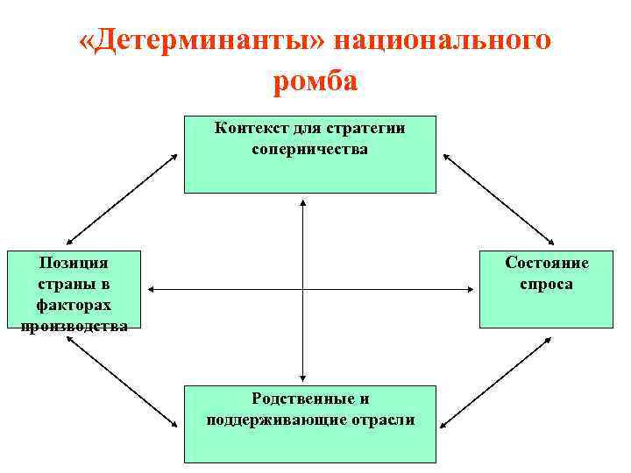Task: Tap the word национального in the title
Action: [439, 41]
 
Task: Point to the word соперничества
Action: [309, 149]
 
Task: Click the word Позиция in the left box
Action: [74, 264]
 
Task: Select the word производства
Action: [74, 326]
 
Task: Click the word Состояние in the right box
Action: [547, 264]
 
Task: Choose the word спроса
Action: [547, 285]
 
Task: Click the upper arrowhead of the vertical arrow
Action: [302, 202]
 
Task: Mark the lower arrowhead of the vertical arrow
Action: [302, 376]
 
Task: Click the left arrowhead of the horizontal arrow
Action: [151, 288]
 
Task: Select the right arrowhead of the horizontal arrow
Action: [474, 288]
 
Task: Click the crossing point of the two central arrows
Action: [302, 288]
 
